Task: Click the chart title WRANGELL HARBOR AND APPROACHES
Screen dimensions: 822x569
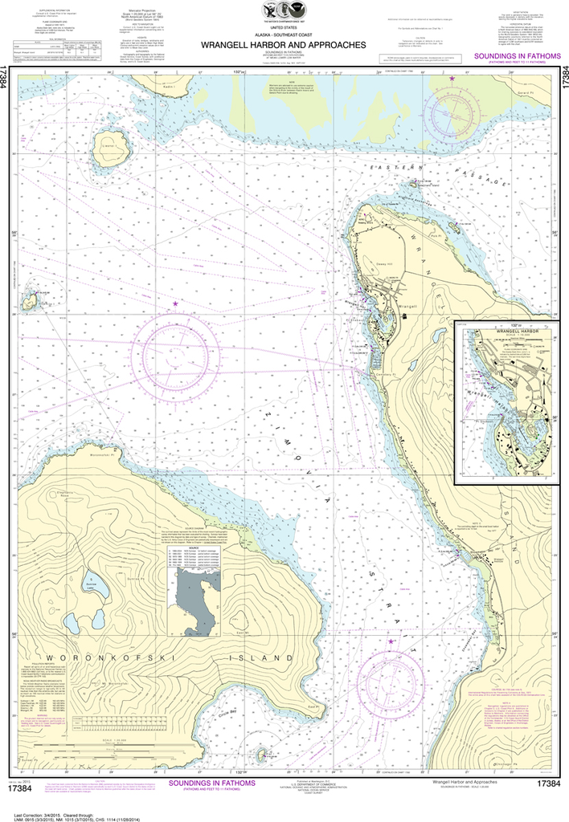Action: (x=285, y=46)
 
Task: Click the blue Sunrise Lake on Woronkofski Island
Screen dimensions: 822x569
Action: (x=96, y=592)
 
